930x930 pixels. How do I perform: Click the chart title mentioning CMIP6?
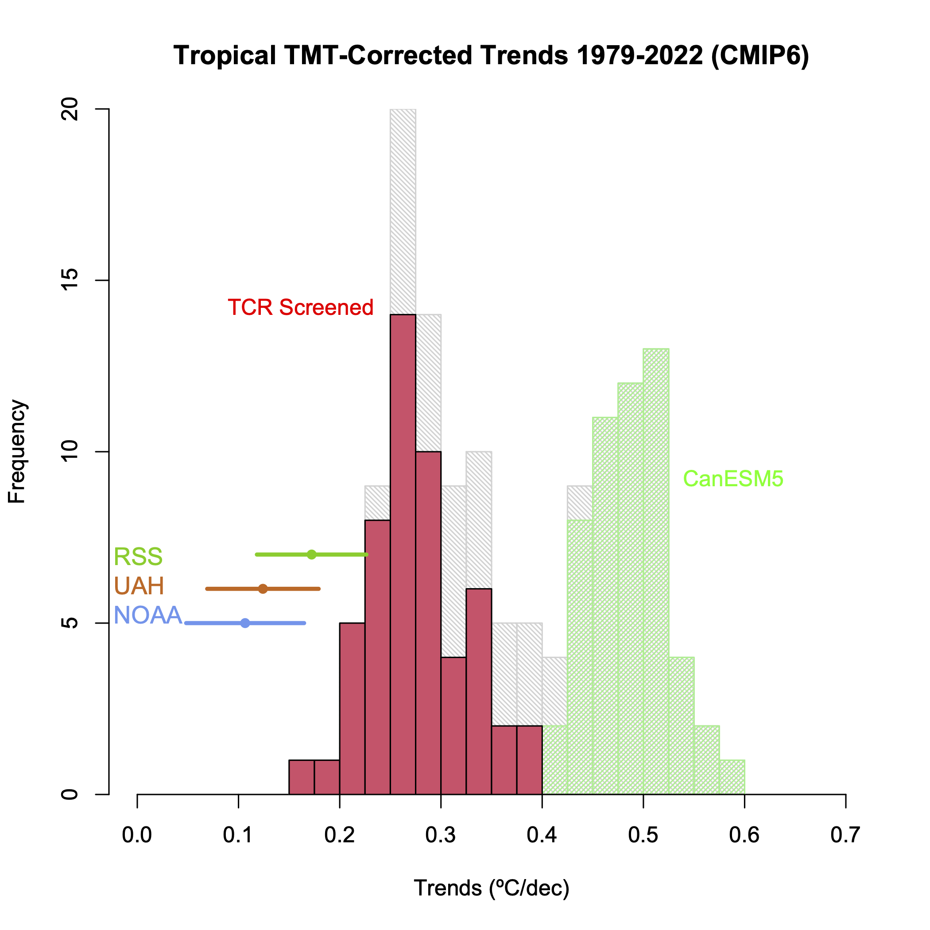(491, 55)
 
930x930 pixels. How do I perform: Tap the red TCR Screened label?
(300, 307)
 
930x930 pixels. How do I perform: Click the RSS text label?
(138, 557)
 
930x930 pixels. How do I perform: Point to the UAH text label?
(139, 586)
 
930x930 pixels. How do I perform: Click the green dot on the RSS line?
(311, 554)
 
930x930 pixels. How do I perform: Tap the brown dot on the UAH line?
(263, 589)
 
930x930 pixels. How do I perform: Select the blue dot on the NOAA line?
(245, 623)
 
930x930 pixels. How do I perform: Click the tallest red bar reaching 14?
(403, 554)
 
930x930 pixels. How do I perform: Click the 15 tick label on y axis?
(70, 280)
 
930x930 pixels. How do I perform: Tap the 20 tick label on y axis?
(70, 109)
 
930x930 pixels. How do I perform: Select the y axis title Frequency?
(17, 452)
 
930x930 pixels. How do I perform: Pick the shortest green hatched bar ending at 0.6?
(732, 777)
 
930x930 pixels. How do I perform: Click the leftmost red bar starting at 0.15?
(301, 777)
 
